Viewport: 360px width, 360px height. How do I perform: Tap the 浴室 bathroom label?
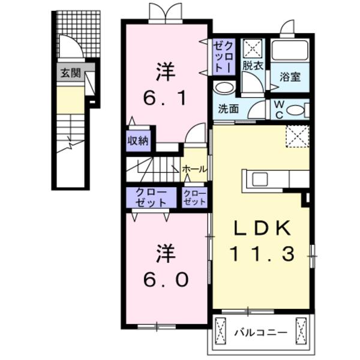pos(290,77)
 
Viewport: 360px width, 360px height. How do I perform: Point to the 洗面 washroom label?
pos(229,110)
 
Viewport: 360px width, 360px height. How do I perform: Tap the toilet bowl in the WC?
pos(295,110)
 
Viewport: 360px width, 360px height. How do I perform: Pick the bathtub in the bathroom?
pos(289,50)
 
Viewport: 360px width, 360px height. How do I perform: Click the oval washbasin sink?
pos(224,88)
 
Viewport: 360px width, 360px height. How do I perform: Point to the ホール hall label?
pos(195,169)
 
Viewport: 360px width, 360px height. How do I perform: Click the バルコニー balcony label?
pos(260,331)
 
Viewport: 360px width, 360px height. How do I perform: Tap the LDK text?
pos(261,229)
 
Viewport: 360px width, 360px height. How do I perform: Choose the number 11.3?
pos(262,254)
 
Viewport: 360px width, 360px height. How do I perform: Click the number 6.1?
pos(165,96)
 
